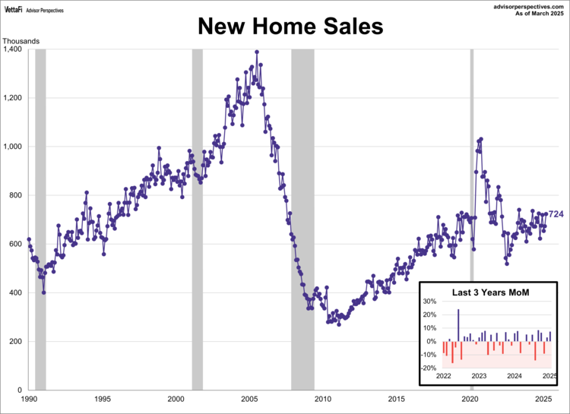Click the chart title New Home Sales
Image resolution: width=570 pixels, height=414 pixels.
tap(291, 27)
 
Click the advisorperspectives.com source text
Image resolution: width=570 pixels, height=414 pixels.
tap(525, 5)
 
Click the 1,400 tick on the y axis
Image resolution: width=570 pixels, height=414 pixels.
tap(14, 49)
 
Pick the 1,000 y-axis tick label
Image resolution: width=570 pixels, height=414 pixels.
tap(14, 147)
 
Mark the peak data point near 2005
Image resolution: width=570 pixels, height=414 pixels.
tap(257, 52)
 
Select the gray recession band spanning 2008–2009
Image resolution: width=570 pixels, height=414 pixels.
tap(302, 190)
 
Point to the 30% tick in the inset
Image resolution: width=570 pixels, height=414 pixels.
tap(430, 302)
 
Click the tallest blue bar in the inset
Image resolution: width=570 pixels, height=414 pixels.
tap(458, 325)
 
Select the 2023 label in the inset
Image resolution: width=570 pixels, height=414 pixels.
tap(479, 376)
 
